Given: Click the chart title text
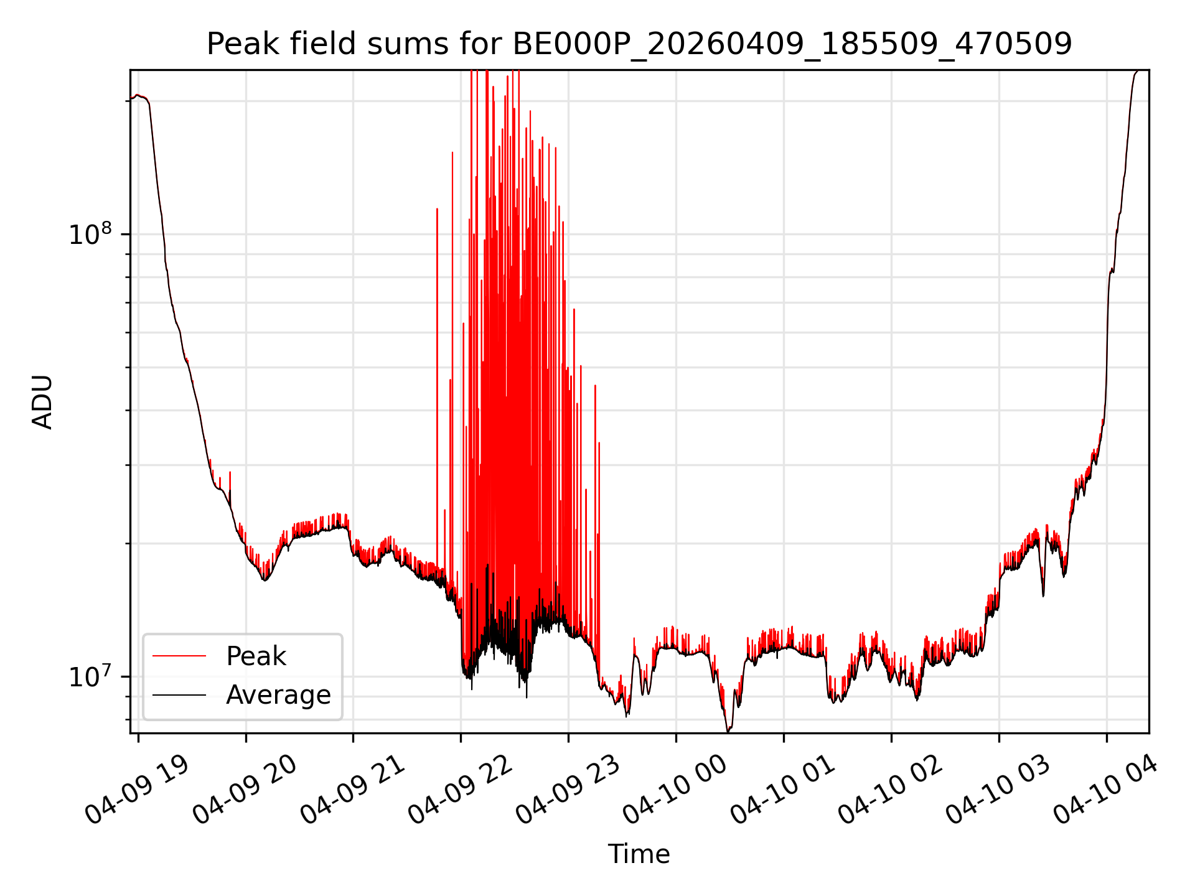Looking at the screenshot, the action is (x=639, y=44).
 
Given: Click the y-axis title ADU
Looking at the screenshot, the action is (x=42, y=402).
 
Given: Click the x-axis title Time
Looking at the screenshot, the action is (x=639, y=854).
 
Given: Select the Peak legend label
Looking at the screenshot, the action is (x=256, y=656).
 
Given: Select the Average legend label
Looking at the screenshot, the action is (x=278, y=695).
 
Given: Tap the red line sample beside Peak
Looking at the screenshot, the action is (x=179, y=656).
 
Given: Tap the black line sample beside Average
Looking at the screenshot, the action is (x=179, y=694).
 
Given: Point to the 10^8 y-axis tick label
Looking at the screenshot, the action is (x=91, y=234).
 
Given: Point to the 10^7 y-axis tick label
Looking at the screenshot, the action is (x=91, y=676).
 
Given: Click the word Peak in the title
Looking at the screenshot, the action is (x=235, y=44).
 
